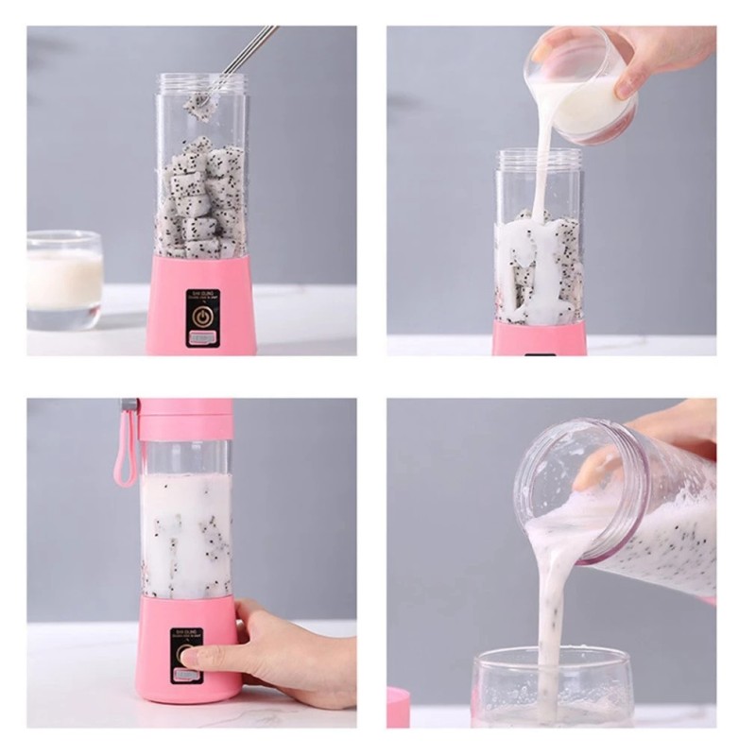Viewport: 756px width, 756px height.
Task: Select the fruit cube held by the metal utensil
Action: click(x=198, y=106)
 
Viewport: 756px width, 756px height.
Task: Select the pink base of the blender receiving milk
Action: click(x=539, y=338)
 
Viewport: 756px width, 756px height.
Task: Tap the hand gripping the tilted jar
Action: click(x=661, y=439)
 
